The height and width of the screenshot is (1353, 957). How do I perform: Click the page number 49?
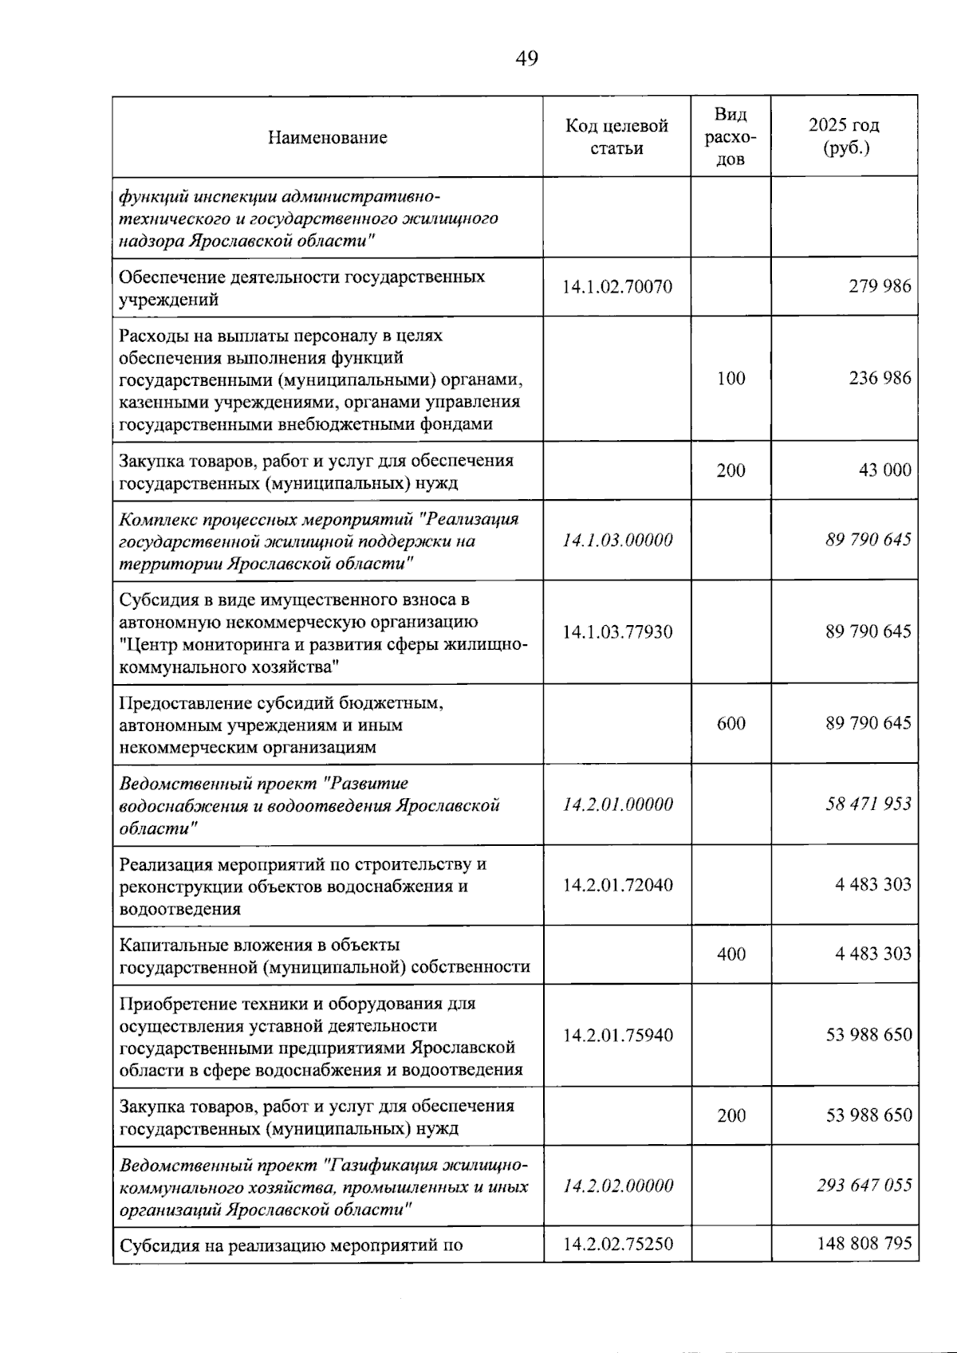(527, 58)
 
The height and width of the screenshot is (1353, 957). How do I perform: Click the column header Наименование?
(327, 137)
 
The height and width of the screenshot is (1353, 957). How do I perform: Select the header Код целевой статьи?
(616, 136)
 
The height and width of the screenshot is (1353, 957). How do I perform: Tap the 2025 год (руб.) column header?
(844, 136)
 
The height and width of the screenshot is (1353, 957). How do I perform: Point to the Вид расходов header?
(731, 136)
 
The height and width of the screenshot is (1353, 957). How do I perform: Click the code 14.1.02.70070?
(616, 287)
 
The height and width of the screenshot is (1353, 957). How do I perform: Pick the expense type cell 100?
(731, 379)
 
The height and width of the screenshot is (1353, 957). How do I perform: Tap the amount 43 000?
(884, 470)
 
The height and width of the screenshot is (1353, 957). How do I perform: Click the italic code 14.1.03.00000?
(616, 541)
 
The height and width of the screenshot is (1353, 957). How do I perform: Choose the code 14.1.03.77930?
(616, 632)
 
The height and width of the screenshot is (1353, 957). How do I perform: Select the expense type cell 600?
(731, 724)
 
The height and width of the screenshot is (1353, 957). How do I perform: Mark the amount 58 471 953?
(868, 804)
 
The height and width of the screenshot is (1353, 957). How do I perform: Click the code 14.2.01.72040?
(616, 885)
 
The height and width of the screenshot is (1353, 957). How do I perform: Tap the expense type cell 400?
(731, 954)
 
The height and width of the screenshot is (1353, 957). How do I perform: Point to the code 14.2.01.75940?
(616, 1036)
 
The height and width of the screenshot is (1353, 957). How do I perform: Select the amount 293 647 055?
(864, 1186)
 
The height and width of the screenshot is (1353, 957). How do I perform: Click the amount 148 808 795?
(864, 1243)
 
